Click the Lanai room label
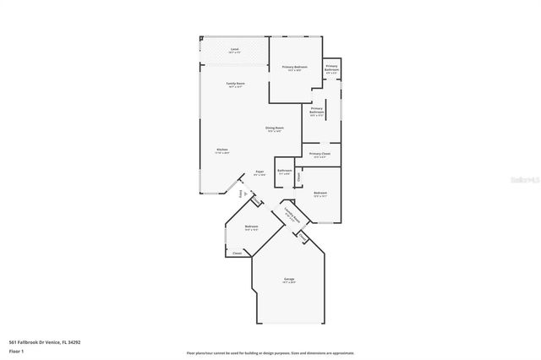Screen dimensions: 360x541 click(x=234, y=50)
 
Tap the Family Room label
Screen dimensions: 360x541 click(x=235, y=83)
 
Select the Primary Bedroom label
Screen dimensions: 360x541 click(x=294, y=66)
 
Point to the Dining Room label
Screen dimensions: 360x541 click(x=275, y=128)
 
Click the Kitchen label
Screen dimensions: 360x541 click(x=221, y=150)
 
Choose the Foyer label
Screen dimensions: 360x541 click(x=260, y=172)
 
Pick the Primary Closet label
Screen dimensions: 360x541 click(x=320, y=154)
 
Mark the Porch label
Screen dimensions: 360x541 click(x=243, y=194)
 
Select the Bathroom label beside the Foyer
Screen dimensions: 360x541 click(x=285, y=170)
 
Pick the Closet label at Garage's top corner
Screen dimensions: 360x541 click(x=302, y=237)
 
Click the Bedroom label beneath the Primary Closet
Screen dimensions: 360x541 click(x=320, y=194)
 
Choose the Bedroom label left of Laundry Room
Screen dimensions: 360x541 click(x=251, y=226)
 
